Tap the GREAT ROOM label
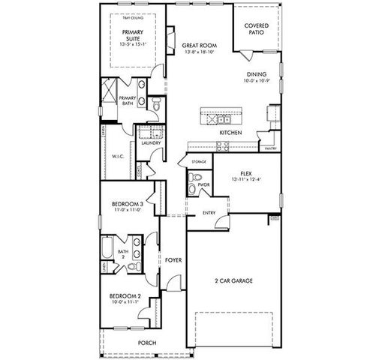(x=199, y=46)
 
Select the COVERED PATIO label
(x=257, y=28)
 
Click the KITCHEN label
(x=230, y=132)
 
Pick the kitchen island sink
(x=223, y=118)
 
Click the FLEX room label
(x=245, y=172)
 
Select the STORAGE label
(x=199, y=161)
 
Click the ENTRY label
(x=210, y=213)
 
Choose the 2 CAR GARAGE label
(x=233, y=280)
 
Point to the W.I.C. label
(x=118, y=157)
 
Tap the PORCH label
(x=146, y=343)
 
